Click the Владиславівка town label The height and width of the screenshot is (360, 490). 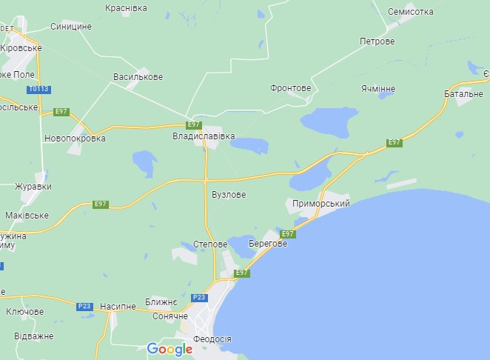click(204, 137)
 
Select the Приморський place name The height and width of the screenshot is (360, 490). click(320, 203)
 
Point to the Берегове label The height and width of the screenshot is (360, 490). click(268, 244)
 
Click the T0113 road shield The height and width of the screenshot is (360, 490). click(39, 90)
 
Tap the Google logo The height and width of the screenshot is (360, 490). click(170, 349)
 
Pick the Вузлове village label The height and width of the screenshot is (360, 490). click(228, 194)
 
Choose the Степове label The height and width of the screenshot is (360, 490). click(209, 243)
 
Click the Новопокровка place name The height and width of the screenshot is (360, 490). click(75, 138)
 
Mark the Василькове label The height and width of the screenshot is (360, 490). click(138, 76)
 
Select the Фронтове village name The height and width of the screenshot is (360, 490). click(291, 87)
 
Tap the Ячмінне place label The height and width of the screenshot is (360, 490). click(378, 89)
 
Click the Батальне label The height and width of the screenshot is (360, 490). click(463, 94)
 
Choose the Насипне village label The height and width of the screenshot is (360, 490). click(118, 305)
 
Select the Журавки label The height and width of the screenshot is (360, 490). click(33, 187)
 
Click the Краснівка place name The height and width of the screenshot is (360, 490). click(126, 7)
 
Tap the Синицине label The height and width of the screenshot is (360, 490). click(71, 26)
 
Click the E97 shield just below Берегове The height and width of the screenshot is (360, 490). click(288, 234)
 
